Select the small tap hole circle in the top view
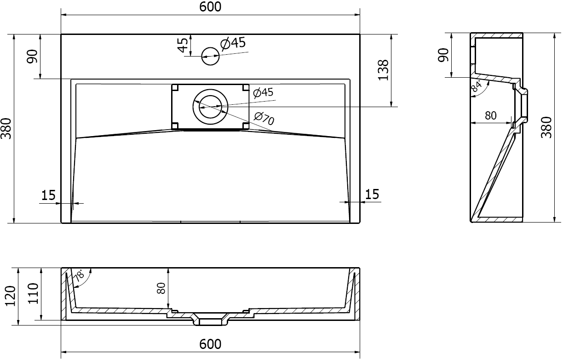pyautogui.click(x=211, y=56)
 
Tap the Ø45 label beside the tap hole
pyautogui.click(x=233, y=44)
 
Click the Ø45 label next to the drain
pyautogui.click(x=263, y=92)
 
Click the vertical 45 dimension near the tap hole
pyautogui.click(x=183, y=45)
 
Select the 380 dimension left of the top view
pyautogui.click(x=8, y=128)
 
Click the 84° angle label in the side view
pyautogui.click(x=477, y=86)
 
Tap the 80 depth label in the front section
pyautogui.click(x=161, y=288)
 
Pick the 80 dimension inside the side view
pyautogui.click(x=491, y=116)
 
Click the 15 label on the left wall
pyautogui.click(x=48, y=195)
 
